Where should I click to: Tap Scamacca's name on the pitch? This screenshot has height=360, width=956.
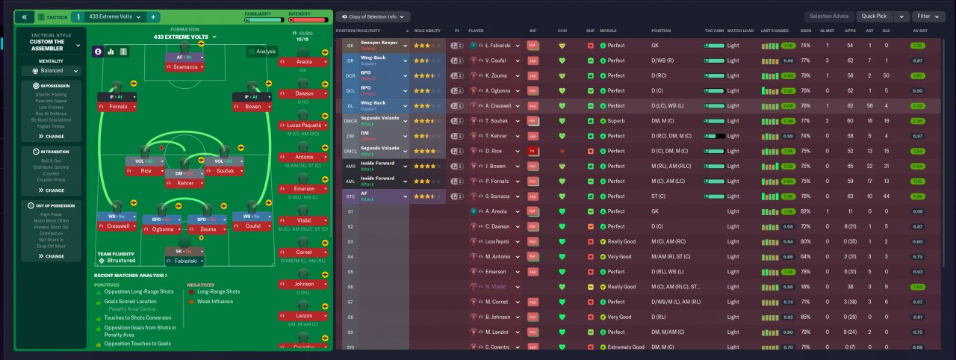pyautogui.click(x=184, y=67)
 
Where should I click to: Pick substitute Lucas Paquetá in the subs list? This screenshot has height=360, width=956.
pyautogui.click(x=304, y=125)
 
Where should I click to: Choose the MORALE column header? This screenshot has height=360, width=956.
pyautogui.click(x=608, y=31)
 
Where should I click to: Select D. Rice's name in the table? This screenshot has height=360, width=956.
pyautogui.click(x=494, y=151)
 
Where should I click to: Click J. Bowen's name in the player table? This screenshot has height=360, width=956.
pyautogui.click(x=495, y=166)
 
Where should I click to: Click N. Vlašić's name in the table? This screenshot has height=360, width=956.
pyautogui.click(x=496, y=287)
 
